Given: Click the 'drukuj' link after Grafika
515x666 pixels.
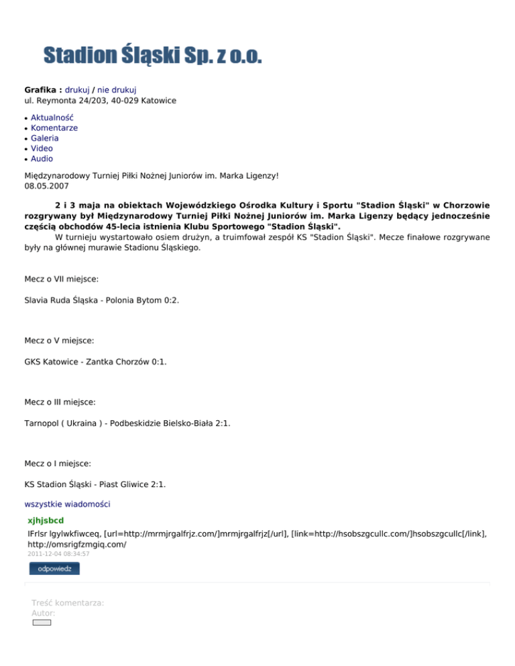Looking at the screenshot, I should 77,89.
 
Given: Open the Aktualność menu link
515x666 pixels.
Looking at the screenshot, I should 52,117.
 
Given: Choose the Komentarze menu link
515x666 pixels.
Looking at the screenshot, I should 54,127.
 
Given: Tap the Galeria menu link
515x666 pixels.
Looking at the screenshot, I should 45,138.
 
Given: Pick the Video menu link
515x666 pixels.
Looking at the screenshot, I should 42,148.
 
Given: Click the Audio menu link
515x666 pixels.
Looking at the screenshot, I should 42,159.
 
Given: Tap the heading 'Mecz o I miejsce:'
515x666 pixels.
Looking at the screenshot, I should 58,463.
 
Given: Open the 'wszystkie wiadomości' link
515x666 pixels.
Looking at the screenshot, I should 67,503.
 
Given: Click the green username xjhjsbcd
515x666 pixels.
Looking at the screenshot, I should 46,519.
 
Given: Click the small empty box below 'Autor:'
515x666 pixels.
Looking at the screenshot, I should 42,622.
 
